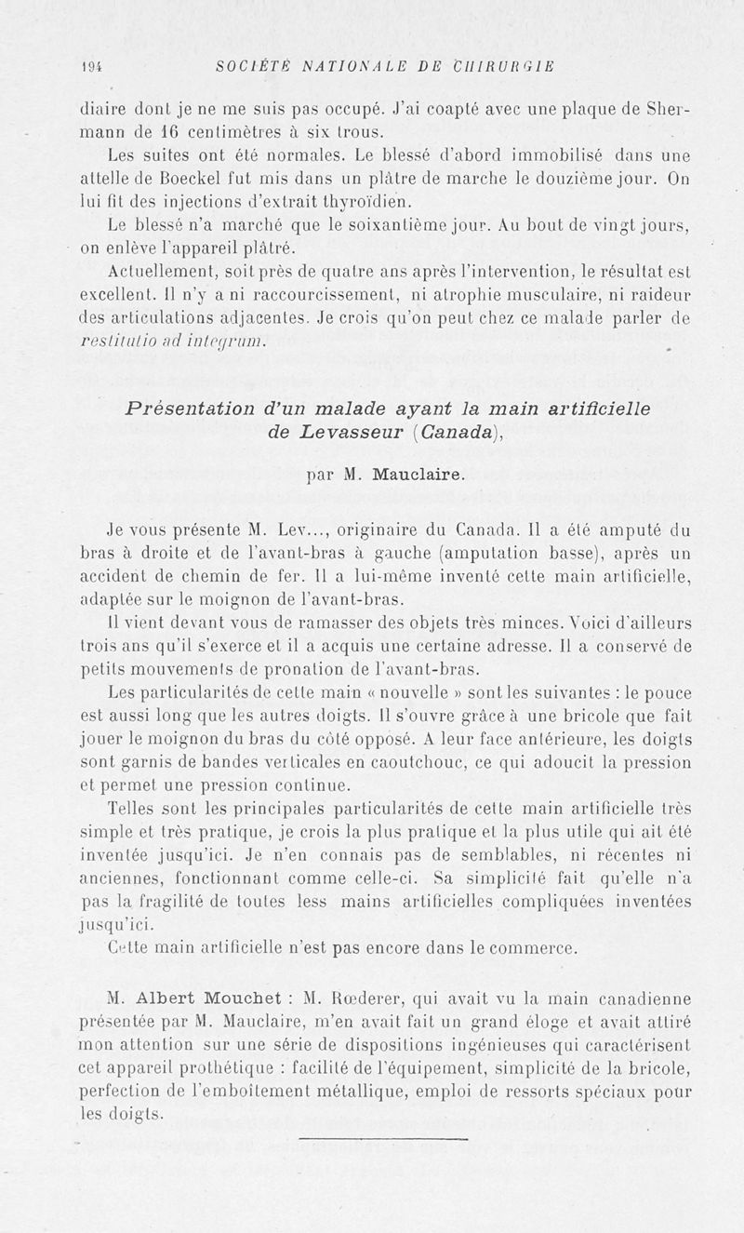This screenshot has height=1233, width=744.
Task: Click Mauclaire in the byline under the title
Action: point(416,476)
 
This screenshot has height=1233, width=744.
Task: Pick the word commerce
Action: point(530,948)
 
